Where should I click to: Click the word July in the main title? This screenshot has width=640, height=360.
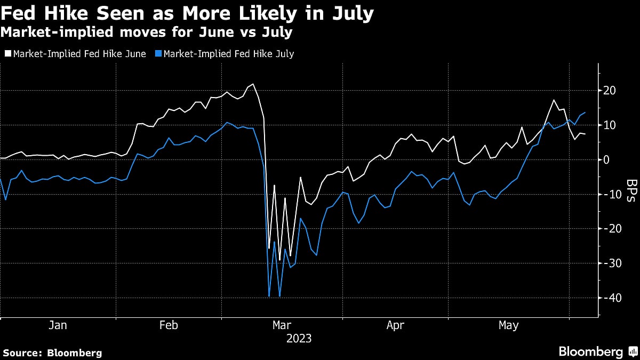click(349, 13)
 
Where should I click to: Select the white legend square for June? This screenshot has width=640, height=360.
click(7, 54)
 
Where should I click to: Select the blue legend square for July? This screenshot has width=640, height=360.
click(157, 54)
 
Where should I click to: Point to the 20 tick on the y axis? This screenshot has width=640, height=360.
click(610, 91)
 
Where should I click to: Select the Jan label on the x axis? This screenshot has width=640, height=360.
click(57, 325)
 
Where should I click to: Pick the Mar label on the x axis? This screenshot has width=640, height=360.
click(282, 325)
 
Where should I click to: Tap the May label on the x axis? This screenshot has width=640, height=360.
click(508, 325)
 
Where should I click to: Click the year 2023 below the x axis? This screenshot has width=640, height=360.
click(299, 339)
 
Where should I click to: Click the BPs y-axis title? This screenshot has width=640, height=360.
click(630, 191)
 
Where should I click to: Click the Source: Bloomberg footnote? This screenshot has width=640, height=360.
click(52, 353)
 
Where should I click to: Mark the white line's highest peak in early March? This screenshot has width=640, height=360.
click(253, 84)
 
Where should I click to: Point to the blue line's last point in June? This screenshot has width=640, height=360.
click(586, 113)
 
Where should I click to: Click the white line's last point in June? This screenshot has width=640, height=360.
click(586, 134)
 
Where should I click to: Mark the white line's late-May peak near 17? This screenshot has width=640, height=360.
click(554, 100)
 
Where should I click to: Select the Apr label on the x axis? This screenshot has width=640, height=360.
click(395, 325)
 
